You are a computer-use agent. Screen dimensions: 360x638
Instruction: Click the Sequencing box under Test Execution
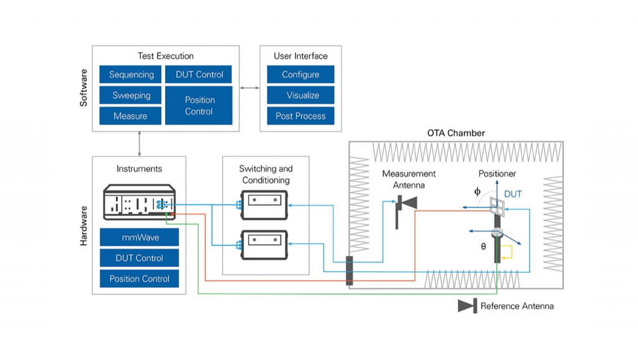[x=131, y=75]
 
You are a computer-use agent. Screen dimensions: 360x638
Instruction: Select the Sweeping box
[x=131, y=95]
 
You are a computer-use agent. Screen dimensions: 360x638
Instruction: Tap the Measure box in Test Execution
[x=131, y=116]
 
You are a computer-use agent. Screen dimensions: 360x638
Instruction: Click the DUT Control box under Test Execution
[x=199, y=75]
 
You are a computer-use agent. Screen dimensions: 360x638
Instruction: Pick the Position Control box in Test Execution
[x=199, y=105]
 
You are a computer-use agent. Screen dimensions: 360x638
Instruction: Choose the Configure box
[x=300, y=75]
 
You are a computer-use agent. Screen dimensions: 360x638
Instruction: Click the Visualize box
[x=300, y=95]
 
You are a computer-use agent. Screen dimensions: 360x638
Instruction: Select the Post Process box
[x=300, y=116]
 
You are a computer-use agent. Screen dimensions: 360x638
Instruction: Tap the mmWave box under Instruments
[x=139, y=237]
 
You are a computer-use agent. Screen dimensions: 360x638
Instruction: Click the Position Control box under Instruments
[x=139, y=278]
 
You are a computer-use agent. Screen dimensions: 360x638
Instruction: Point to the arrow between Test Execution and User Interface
[x=249, y=88]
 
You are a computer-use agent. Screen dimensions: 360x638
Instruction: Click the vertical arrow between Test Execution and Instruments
[x=139, y=144]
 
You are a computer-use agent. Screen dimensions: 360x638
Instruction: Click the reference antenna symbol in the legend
[x=467, y=306]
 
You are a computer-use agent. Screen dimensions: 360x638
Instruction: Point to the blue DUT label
[x=513, y=194]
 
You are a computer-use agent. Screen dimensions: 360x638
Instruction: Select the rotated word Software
[x=84, y=87]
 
